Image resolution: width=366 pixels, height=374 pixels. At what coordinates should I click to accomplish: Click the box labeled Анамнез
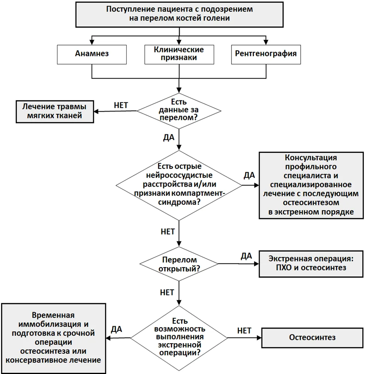tap(92, 55)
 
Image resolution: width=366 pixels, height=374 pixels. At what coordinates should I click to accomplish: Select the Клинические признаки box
tap(179, 55)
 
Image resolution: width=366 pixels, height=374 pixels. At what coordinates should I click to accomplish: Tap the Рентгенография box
tap(266, 55)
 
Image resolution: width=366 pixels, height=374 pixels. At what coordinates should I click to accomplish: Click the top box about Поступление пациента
tap(179, 15)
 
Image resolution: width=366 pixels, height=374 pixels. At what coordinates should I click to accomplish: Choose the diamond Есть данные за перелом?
tap(179, 111)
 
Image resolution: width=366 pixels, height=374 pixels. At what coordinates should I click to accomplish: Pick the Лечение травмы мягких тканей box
tap(55, 112)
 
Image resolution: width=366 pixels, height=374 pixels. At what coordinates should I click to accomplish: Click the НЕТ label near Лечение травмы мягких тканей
tap(121, 105)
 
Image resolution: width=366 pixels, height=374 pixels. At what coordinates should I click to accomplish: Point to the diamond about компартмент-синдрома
tap(179, 185)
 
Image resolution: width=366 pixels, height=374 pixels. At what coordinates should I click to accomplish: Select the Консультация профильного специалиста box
tap(311, 185)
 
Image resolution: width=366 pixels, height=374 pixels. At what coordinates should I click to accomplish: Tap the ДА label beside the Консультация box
tap(249, 175)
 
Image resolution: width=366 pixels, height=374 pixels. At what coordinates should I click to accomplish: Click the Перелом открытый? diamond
tap(179, 264)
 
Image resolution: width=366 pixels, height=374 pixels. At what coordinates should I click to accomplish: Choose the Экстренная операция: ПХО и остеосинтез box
tap(311, 264)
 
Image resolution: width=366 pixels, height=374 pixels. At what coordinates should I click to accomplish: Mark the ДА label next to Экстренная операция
tap(247, 256)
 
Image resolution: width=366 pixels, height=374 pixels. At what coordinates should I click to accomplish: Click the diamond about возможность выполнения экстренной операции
tap(179, 338)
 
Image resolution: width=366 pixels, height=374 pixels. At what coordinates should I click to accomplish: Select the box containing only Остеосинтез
tap(312, 338)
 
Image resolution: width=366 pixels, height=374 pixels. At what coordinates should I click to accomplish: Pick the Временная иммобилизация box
tap(54, 338)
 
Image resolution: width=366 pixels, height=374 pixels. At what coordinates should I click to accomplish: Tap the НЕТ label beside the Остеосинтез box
tap(244, 331)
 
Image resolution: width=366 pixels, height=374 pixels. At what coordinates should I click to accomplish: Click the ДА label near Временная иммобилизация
tap(116, 329)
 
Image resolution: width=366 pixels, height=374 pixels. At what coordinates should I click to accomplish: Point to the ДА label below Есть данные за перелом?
tap(169, 137)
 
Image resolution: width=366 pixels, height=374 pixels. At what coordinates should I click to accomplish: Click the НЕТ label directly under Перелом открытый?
tap(167, 292)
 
